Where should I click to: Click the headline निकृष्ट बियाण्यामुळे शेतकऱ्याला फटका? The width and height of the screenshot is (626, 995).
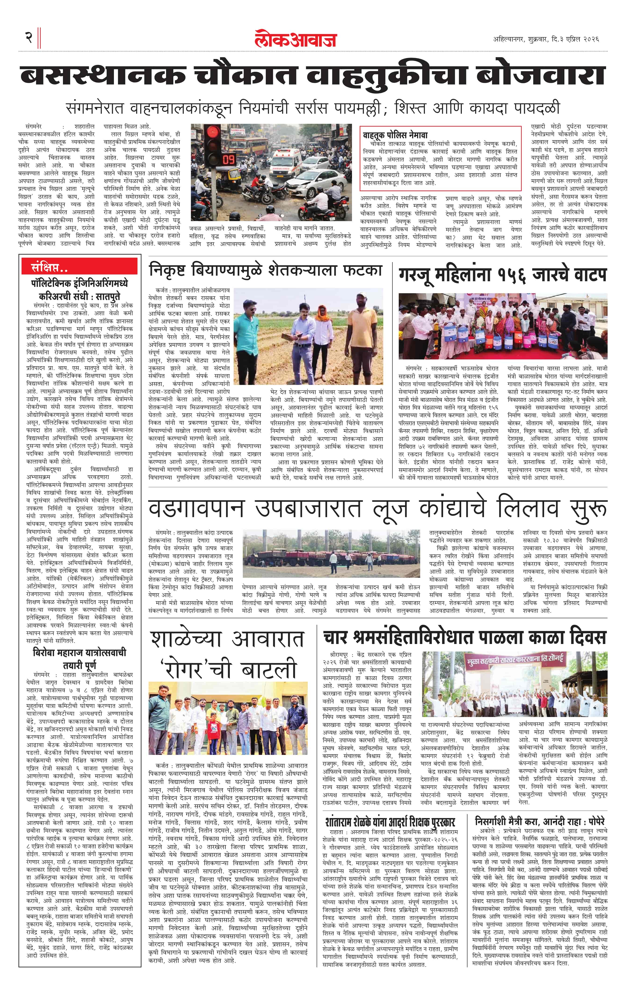(x=265, y=271)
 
